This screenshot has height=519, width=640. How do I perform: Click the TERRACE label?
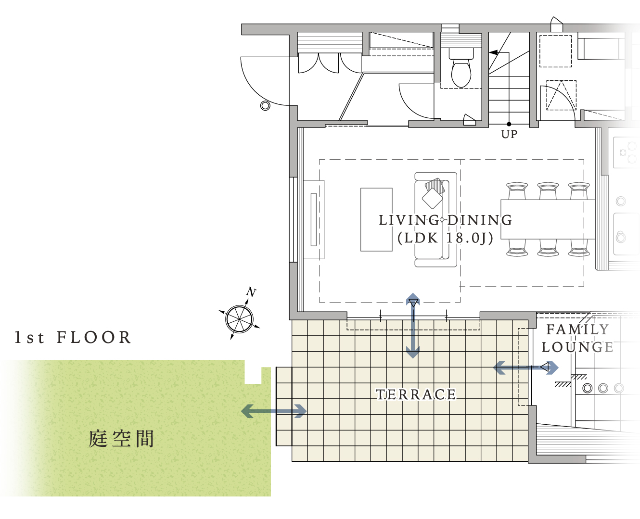point(416,394)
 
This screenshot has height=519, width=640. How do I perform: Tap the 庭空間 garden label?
point(121,439)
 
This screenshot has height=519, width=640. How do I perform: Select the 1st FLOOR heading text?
point(73,337)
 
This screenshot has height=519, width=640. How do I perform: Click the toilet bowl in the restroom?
point(461,72)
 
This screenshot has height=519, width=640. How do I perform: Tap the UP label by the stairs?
point(509,134)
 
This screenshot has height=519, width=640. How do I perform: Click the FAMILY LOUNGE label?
point(577,339)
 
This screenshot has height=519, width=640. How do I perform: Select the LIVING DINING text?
point(446,220)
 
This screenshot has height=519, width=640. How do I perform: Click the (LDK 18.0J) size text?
point(446,238)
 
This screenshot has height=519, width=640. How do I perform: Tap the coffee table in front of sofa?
point(376,219)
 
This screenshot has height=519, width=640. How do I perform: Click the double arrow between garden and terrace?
point(274,411)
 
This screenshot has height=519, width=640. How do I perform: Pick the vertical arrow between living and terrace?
point(413,326)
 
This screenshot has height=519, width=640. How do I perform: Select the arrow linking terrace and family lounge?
point(526,367)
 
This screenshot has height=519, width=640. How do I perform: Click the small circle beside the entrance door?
point(265,106)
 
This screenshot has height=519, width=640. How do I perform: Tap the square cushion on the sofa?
point(433,198)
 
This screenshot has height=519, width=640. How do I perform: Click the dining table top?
point(548,219)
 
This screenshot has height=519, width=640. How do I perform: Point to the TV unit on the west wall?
point(314,219)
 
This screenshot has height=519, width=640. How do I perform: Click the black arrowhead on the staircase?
point(493,52)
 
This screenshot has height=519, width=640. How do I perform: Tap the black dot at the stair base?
point(509,124)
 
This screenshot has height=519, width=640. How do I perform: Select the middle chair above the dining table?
point(548,190)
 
